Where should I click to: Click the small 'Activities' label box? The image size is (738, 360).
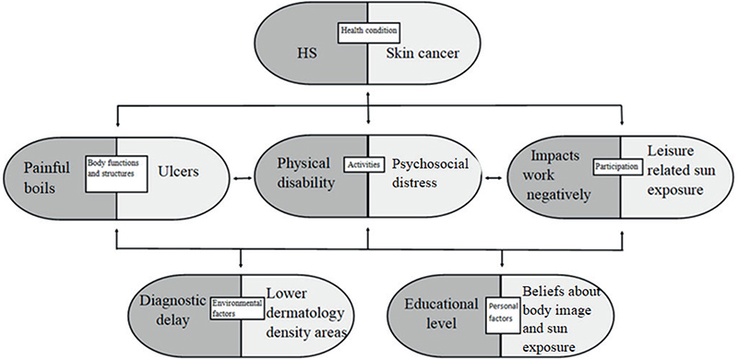pos(368,162)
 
